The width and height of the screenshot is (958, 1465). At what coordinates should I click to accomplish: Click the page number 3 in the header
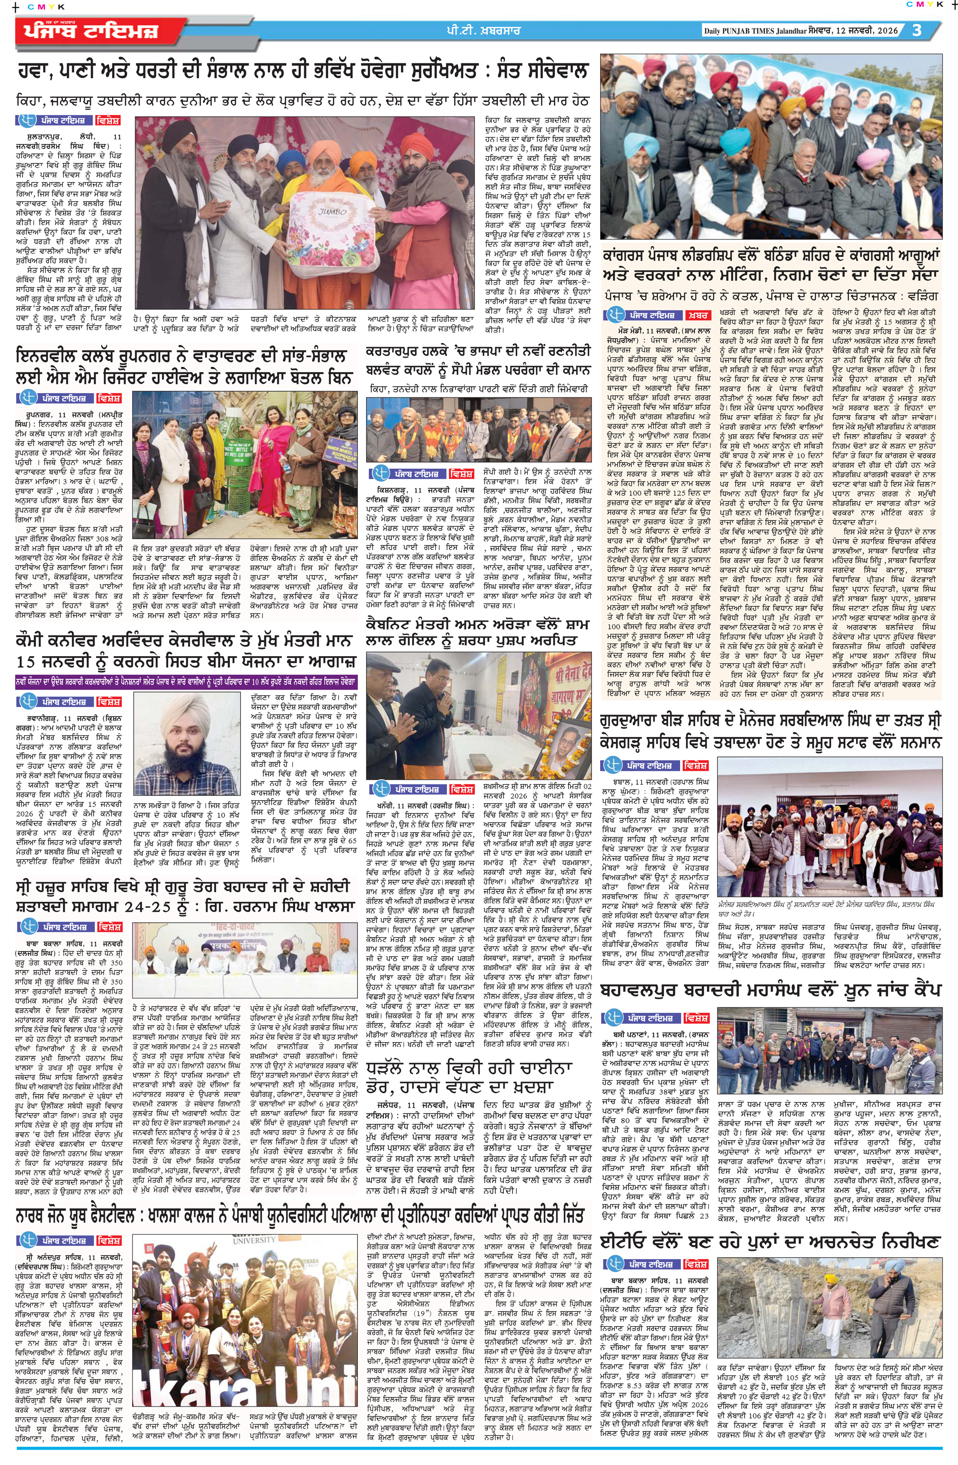point(917,30)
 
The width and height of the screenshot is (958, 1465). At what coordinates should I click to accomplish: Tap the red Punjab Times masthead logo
point(92,31)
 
